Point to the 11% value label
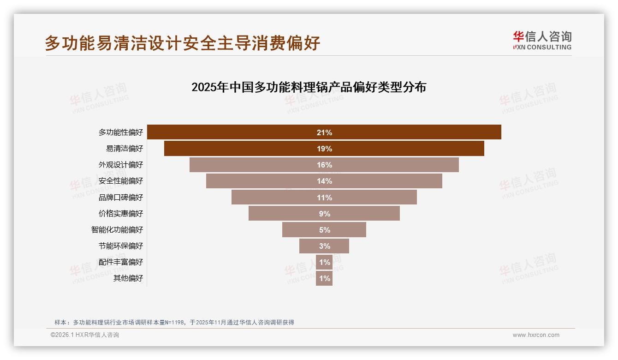324,198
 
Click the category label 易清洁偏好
125,149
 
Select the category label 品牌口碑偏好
121,198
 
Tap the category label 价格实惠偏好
121,213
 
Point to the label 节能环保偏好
121,246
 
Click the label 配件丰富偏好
121,262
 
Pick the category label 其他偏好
128,278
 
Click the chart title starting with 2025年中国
309,87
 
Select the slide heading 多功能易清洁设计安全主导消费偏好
182,43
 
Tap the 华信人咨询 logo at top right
542,40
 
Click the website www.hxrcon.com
536,335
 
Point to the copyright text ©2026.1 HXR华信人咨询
85,335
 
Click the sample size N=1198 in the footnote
172,323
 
